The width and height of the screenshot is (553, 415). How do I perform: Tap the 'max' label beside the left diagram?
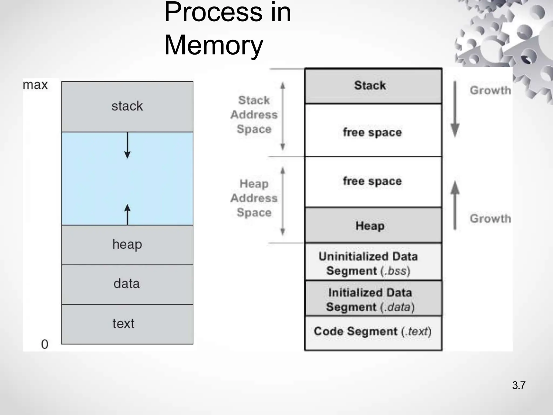coord(35,85)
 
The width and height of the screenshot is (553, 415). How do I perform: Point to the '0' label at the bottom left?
coord(45,344)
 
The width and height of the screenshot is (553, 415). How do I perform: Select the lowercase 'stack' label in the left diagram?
coord(127,106)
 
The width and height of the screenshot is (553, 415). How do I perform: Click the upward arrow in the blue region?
coord(127,215)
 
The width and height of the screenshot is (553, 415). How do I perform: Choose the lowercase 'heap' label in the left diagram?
coord(127,244)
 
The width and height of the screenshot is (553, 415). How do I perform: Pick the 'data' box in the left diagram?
coord(127,284)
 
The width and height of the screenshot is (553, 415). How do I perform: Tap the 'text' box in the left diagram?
coord(127,324)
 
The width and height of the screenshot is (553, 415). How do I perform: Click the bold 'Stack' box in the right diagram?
coord(370,85)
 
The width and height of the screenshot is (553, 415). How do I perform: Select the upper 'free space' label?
coord(372,132)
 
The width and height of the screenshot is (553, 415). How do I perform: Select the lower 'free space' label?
coord(372,181)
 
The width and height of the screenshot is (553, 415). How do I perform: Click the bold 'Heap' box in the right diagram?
coord(370,226)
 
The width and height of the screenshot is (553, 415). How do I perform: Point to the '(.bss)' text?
coord(395,271)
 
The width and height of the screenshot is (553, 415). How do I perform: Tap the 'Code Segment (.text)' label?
coord(372,331)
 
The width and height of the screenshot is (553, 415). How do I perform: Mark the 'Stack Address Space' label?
coord(254,115)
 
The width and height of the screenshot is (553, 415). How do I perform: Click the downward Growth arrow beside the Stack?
coord(455,109)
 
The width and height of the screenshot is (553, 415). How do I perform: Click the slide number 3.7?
coord(518,385)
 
